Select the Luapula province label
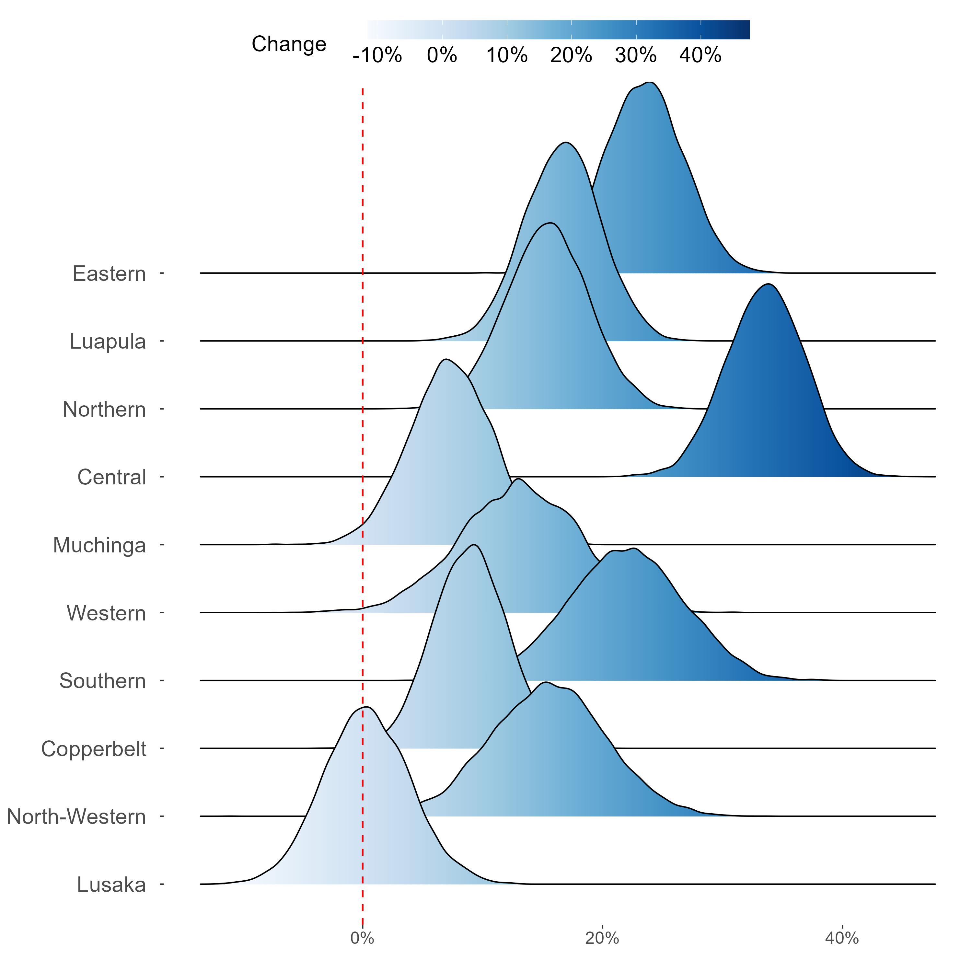tap(108, 341)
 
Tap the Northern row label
tap(104, 410)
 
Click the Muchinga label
tap(99, 545)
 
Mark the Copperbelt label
tap(94, 749)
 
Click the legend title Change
tap(289, 44)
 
